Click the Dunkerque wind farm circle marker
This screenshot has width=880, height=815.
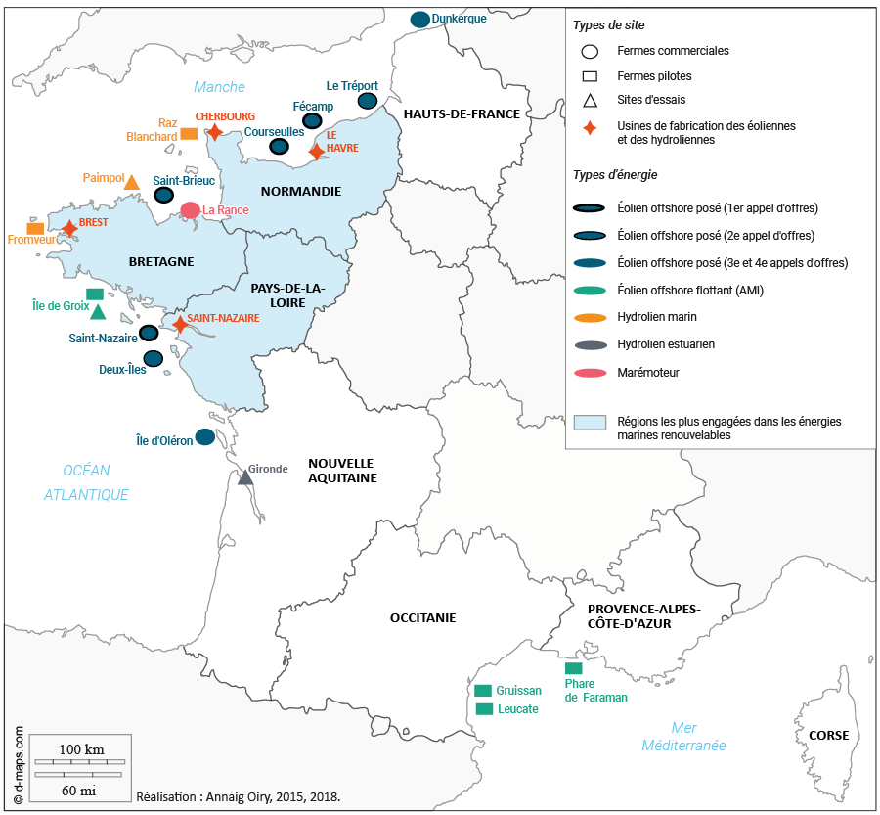(x=420, y=19)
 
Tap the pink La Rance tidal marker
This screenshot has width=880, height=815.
(x=191, y=209)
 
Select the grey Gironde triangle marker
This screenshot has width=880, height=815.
(x=245, y=477)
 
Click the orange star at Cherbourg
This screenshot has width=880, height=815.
(x=214, y=131)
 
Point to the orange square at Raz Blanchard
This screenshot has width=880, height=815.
(x=189, y=132)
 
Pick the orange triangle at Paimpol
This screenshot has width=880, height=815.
(x=132, y=182)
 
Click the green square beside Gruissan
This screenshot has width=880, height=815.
(x=483, y=691)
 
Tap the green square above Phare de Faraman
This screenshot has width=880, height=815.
(x=574, y=667)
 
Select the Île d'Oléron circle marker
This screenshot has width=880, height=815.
(x=205, y=436)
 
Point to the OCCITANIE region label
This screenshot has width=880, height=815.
(x=422, y=617)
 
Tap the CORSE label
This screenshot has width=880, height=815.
(x=828, y=736)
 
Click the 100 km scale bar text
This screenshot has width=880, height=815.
(x=81, y=749)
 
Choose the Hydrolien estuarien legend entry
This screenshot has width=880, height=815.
(x=665, y=344)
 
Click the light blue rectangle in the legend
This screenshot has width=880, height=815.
(x=591, y=423)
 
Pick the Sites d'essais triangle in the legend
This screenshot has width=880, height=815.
(x=590, y=100)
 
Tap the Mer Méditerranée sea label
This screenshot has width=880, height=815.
(x=683, y=736)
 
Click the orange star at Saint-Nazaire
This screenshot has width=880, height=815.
(x=180, y=324)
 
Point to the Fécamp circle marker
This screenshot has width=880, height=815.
(x=312, y=120)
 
